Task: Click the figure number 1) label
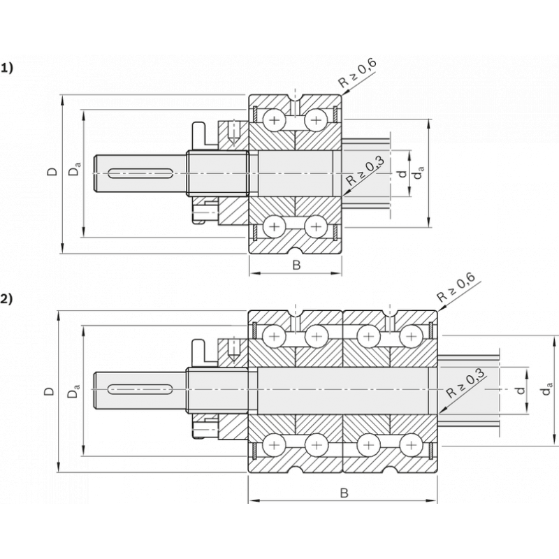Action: pyautogui.click(x=7, y=68)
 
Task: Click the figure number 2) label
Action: pyautogui.click(x=7, y=299)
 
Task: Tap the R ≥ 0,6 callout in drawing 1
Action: pyautogui.click(x=357, y=73)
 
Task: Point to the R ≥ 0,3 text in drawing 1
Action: pyautogui.click(x=366, y=171)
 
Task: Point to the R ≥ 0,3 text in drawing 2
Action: pyautogui.click(x=465, y=384)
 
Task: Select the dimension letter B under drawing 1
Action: pyautogui.click(x=296, y=266)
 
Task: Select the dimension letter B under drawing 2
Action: pyautogui.click(x=344, y=493)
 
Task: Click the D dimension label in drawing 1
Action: pyautogui.click(x=52, y=171)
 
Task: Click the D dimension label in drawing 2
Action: pyautogui.click(x=49, y=391)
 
